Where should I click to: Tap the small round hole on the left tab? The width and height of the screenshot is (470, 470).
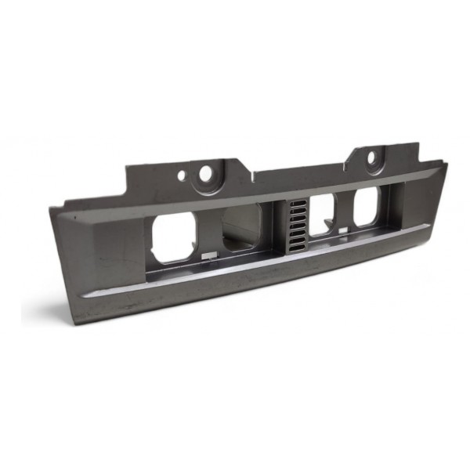coord(183,176)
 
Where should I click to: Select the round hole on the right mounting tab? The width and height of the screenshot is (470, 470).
coord(371,160)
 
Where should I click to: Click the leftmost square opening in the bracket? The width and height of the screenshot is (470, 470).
coord(173,237)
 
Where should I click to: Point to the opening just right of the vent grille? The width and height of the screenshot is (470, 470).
coord(321,214)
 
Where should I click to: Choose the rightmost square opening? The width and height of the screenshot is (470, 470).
coord(366,208)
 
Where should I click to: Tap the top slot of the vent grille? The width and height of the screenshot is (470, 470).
coord(295,204)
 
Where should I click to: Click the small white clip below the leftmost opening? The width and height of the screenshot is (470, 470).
coord(207,255)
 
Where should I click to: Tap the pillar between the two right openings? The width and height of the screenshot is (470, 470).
coord(345,211)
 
